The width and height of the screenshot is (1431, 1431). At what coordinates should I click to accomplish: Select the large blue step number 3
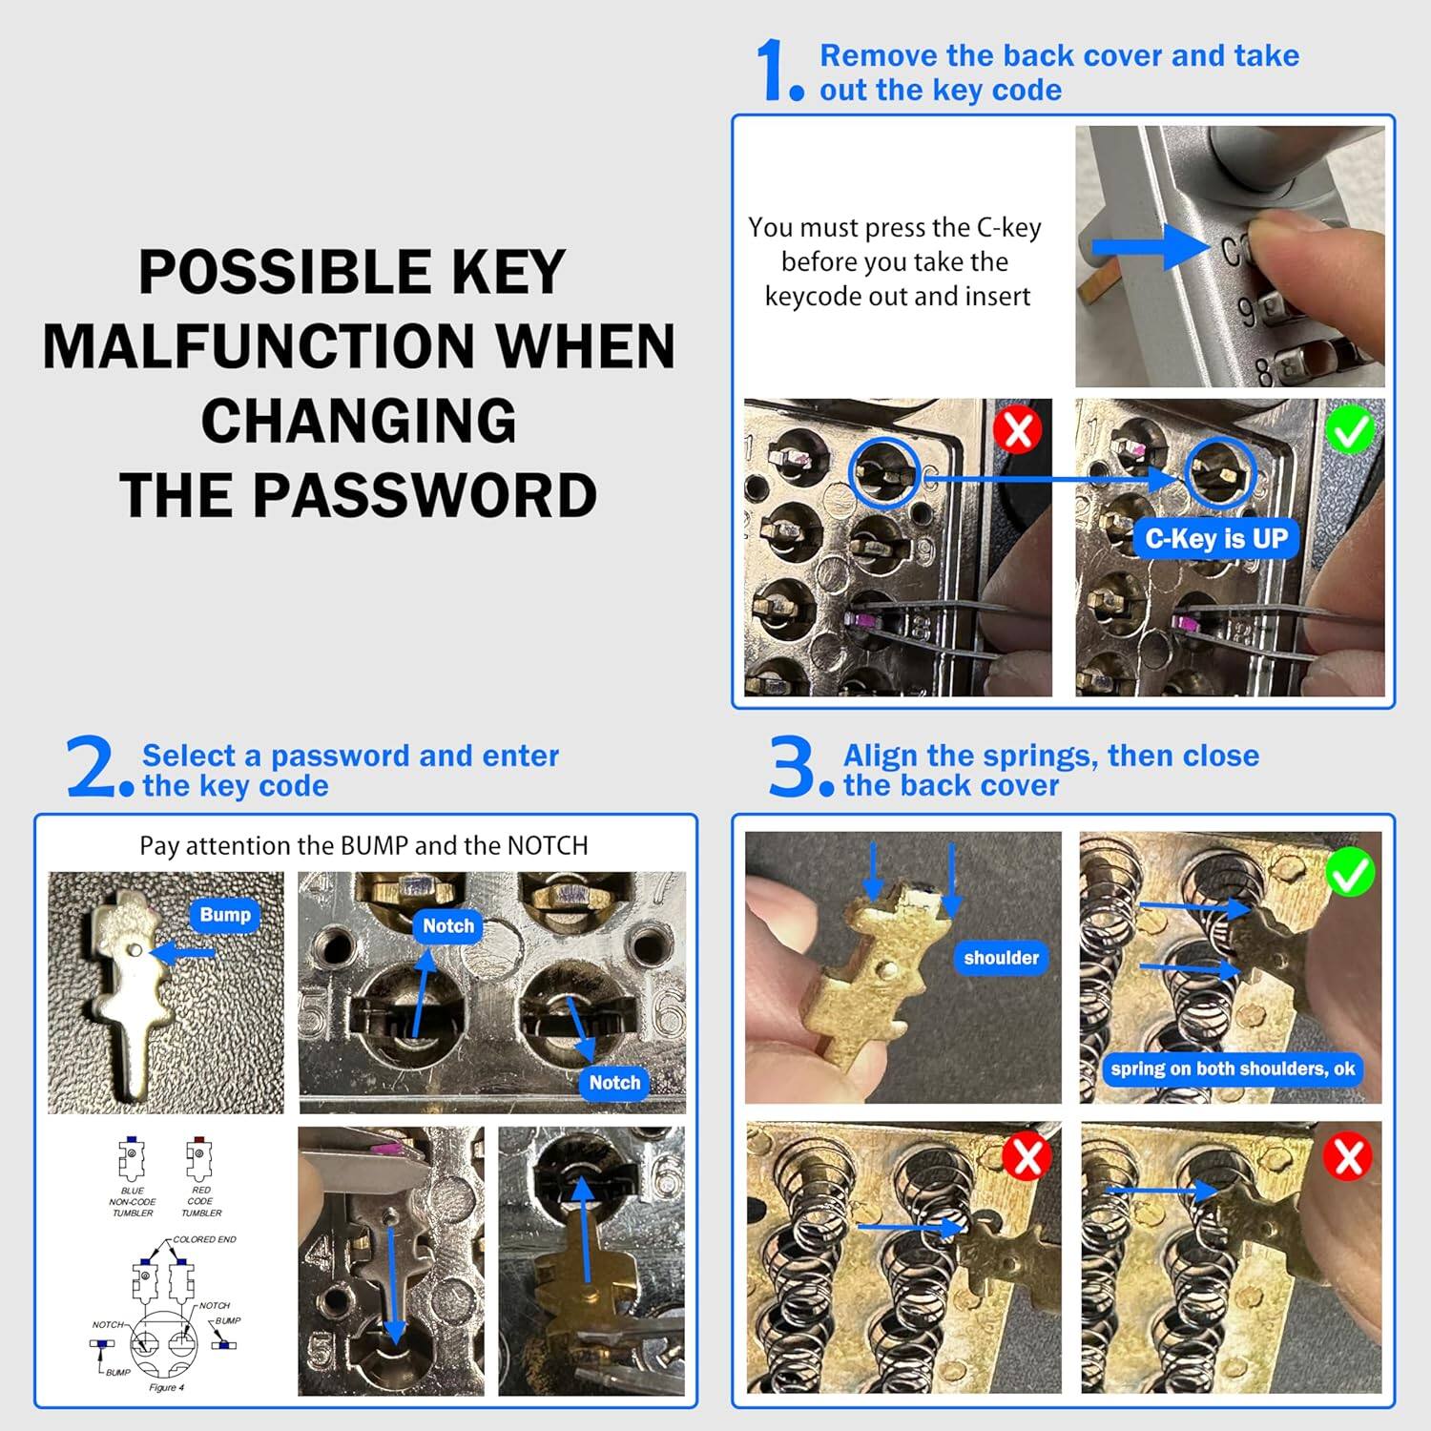click(x=792, y=767)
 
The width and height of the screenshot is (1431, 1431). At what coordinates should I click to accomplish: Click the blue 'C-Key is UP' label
click(x=1215, y=539)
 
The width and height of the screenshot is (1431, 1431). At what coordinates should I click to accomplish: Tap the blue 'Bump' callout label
click(x=225, y=915)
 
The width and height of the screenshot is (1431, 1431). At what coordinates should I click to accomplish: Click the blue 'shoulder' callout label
click(x=1001, y=958)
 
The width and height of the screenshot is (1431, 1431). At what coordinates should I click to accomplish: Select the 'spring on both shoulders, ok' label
click(x=1232, y=1068)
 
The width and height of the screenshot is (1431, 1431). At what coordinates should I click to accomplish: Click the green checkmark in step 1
click(x=1350, y=430)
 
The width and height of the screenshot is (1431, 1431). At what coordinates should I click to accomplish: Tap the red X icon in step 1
click(x=1017, y=430)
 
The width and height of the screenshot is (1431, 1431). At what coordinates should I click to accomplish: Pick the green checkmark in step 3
click(x=1349, y=872)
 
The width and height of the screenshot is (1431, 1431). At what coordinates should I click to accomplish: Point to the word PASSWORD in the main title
click(x=425, y=495)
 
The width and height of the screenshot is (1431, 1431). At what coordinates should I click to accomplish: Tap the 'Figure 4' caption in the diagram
click(x=166, y=1387)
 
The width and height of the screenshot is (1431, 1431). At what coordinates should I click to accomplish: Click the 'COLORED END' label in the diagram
click(x=204, y=1239)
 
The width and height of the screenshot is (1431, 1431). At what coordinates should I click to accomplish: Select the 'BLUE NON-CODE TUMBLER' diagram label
click(x=133, y=1202)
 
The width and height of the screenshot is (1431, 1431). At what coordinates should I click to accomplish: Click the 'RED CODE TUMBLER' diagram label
click(x=200, y=1202)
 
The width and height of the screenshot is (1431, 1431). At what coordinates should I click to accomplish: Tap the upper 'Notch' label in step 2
click(x=447, y=925)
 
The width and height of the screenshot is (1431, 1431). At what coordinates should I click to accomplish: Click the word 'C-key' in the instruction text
click(x=1008, y=228)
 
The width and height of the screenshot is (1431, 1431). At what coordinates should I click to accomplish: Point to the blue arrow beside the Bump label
click(x=181, y=952)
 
